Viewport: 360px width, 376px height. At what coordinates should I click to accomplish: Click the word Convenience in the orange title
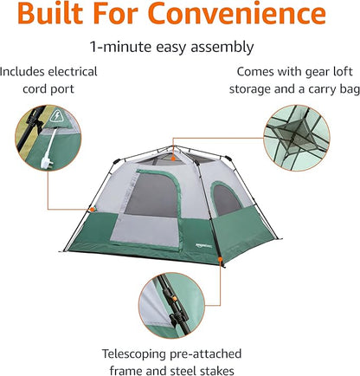238,13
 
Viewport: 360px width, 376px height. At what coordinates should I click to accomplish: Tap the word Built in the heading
50,13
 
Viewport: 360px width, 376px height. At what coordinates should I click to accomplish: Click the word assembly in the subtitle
222,48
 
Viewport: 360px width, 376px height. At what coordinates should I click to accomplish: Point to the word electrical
73,72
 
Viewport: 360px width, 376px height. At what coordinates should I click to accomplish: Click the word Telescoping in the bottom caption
134,354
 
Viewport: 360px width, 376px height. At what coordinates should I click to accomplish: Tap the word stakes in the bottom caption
216,371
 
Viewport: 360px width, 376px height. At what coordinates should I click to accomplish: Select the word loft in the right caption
343,72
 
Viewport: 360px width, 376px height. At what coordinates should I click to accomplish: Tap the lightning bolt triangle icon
56,116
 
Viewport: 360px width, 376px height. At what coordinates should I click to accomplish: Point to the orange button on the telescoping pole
174,298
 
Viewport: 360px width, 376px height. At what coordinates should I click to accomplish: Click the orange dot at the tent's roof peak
173,159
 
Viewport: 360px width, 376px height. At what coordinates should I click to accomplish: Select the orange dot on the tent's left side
92,209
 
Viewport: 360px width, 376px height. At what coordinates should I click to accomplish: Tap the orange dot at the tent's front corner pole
221,259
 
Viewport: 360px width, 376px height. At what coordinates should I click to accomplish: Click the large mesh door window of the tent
152,195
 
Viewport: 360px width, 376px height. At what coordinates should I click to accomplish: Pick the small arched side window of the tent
226,199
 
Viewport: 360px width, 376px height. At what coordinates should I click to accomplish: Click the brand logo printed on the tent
203,245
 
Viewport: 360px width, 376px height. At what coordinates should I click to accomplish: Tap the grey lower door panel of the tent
145,230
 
